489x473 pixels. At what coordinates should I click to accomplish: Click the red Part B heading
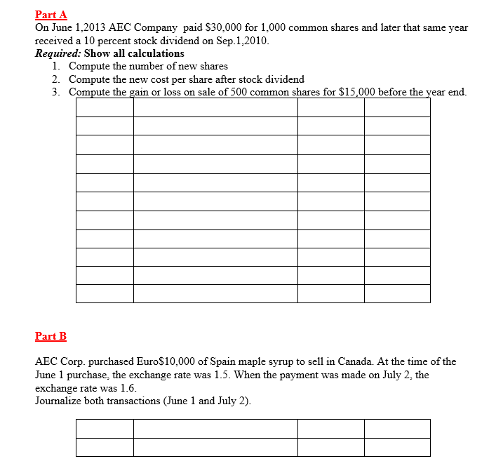click(x=51, y=336)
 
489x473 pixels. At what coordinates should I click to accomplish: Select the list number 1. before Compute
click(x=56, y=66)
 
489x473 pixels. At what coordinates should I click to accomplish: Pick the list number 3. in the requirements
click(x=56, y=92)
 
